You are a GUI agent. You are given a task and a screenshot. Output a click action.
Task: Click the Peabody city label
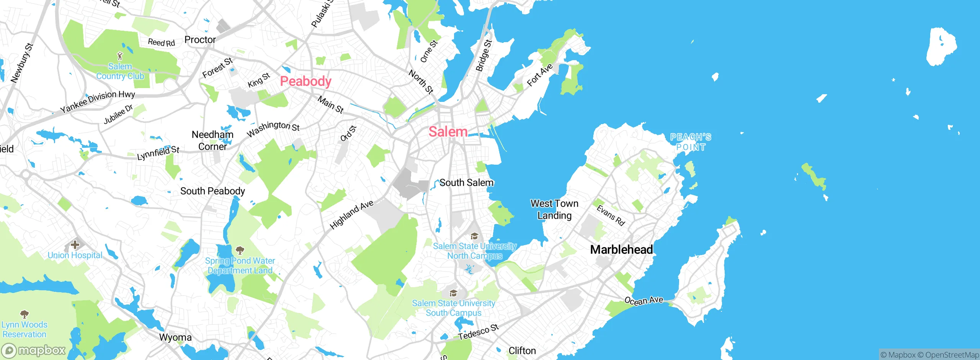click(305, 81)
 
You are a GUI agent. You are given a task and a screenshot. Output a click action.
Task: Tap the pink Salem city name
click(448, 132)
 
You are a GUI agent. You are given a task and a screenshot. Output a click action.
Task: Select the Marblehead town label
click(621, 250)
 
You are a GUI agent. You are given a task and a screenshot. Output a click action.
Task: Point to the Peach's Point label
click(691, 142)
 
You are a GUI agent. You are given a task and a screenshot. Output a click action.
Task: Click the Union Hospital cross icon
click(75, 245)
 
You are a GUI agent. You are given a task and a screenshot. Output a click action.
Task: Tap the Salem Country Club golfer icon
click(120, 56)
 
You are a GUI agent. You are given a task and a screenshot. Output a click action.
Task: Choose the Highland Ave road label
click(351, 215)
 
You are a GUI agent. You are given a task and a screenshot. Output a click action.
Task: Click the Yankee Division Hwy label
click(98, 101)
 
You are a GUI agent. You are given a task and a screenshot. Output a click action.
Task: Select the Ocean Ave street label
click(644, 301)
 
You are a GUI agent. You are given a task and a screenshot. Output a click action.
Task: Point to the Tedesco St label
click(479, 332)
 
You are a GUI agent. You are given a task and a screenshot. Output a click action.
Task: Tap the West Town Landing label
click(554, 209)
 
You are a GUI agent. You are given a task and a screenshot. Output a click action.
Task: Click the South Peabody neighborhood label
click(212, 191)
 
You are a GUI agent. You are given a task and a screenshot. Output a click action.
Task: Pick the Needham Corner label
click(212, 141)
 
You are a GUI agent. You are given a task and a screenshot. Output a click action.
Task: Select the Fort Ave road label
click(539, 75)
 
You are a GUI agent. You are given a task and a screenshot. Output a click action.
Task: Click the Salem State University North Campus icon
click(474, 236)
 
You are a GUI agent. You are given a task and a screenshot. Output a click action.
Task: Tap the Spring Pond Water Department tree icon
click(240, 251)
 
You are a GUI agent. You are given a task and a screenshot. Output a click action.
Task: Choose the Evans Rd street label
click(611, 216)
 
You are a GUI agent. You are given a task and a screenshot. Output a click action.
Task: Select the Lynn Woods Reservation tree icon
click(24, 314)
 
